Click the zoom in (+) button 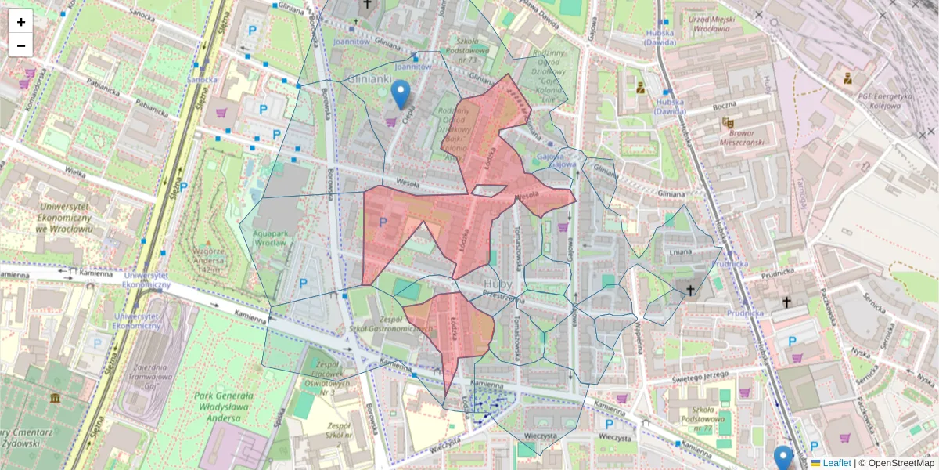point(21,22)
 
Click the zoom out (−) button point(21,45)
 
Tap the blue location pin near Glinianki point(401,94)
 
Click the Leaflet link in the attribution point(836,463)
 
